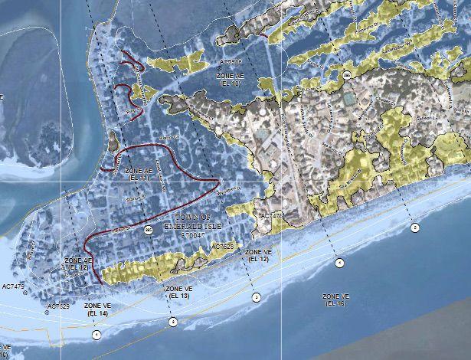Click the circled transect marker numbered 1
point(96,335)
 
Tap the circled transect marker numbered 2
point(172,322)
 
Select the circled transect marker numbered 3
point(257,296)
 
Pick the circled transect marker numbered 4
point(339,263)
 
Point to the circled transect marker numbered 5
point(415,227)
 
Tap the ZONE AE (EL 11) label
point(139,173)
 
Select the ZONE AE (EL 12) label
point(78,264)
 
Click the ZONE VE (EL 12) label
point(259,255)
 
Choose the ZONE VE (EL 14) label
point(98,309)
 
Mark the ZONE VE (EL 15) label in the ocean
point(336,299)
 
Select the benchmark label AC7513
point(231,61)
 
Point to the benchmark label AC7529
point(58,306)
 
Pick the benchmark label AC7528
point(221,247)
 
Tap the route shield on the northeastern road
point(348,74)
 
